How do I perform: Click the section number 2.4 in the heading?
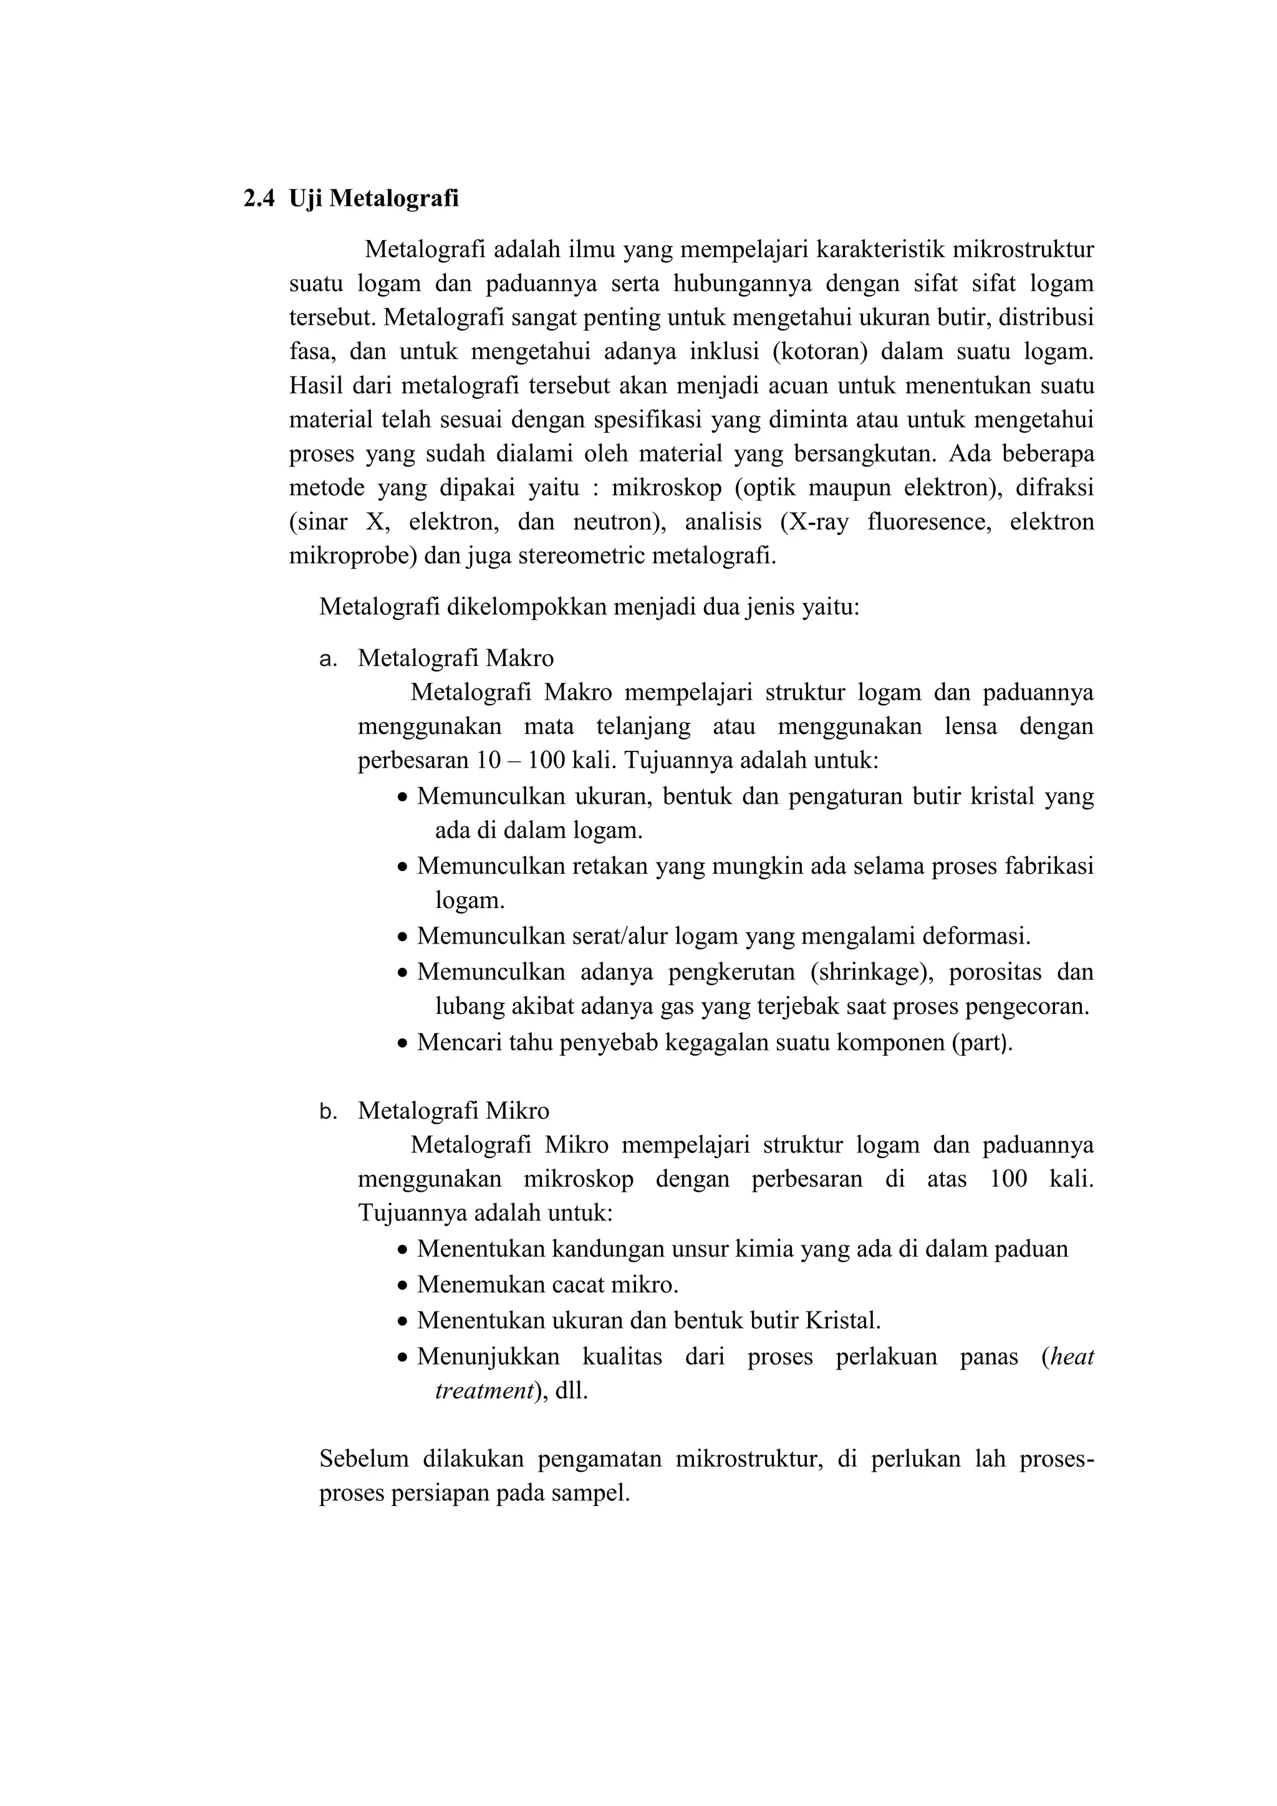pos(259,198)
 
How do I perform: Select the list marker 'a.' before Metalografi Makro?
pos(328,659)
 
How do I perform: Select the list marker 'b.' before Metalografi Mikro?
pos(328,1111)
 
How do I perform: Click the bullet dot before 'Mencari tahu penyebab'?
pos(403,1044)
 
